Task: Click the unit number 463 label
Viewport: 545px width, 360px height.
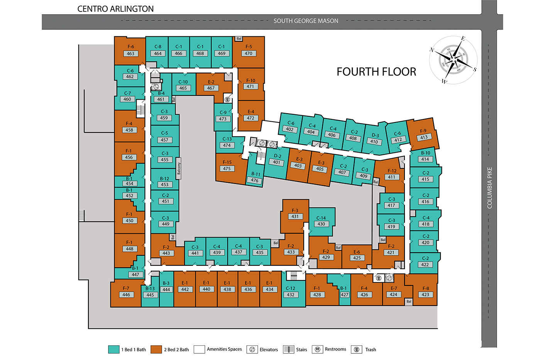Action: [130, 54]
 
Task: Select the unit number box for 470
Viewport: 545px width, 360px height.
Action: [249, 53]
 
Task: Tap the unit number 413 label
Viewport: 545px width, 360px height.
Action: [424, 137]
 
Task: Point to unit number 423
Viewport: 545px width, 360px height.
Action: [425, 294]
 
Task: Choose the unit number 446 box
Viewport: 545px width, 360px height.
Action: [126, 294]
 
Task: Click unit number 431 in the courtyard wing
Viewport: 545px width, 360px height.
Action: [295, 216]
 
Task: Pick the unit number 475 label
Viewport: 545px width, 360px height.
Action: [227, 168]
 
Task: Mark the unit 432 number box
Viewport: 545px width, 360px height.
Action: [291, 294]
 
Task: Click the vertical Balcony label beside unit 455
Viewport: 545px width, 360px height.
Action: [179, 168]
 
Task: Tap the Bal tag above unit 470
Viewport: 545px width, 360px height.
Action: [239, 39]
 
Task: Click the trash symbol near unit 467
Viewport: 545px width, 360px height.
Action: [227, 99]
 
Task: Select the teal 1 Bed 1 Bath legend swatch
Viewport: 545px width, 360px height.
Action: [113, 349]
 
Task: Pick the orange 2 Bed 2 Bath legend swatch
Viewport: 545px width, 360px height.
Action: [156, 349]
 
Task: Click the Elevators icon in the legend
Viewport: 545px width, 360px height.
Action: [252, 350]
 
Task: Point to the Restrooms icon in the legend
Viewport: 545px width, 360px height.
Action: [317, 350]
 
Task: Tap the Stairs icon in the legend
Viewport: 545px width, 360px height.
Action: [288, 350]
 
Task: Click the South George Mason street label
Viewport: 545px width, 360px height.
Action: [306, 21]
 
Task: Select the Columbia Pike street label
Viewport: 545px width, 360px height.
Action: [489, 188]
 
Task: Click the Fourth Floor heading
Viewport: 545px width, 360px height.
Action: [376, 72]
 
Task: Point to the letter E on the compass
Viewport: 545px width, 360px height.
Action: [463, 39]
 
